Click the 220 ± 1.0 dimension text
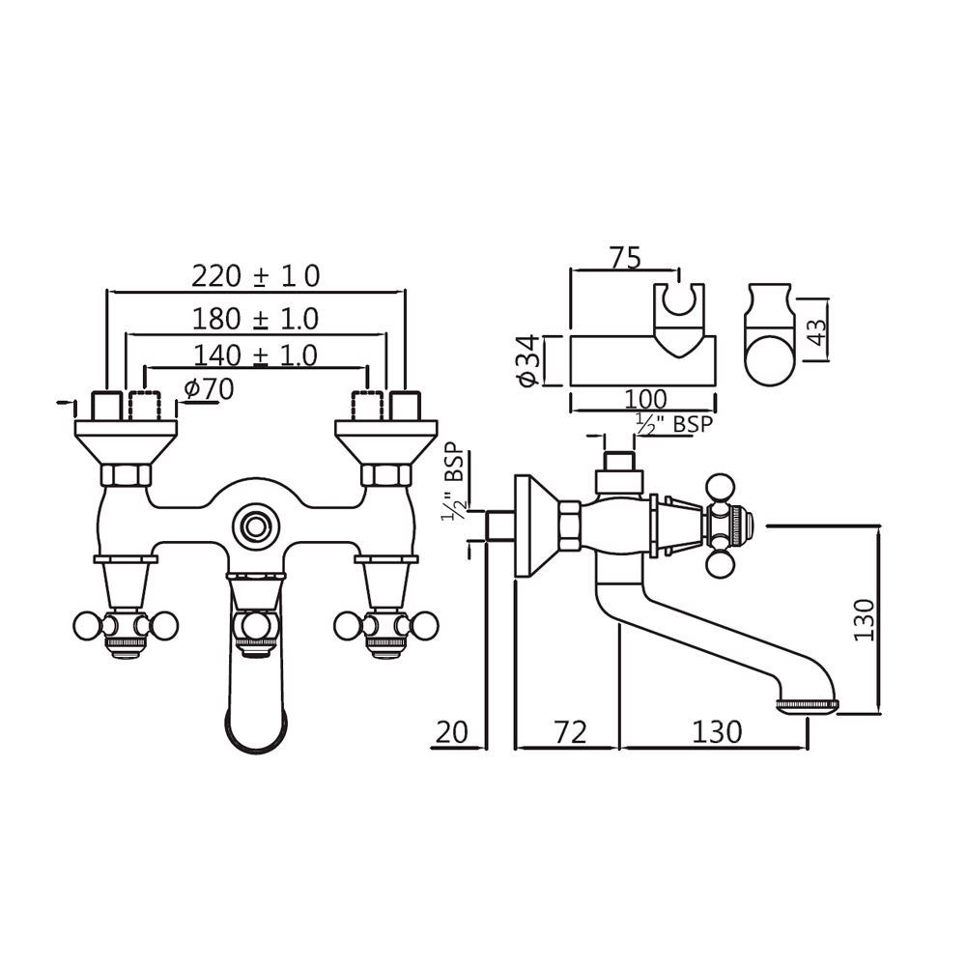pyautogui.click(x=255, y=276)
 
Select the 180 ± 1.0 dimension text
pyautogui.click(x=255, y=317)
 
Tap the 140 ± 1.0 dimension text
pyautogui.click(x=255, y=355)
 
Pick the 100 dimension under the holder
pyautogui.click(x=644, y=398)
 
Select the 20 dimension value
pyautogui.click(x=450, y=731)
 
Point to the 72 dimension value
pyautogui.click(x=570, y=731)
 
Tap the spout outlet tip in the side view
pyautogui.click(x=808, y=708)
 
